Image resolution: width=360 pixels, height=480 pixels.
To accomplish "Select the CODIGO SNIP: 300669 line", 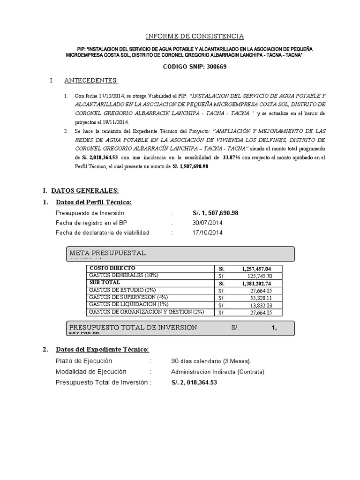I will (x=195, y=67).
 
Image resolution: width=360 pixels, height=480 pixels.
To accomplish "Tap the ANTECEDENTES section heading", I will (x=91, y=81).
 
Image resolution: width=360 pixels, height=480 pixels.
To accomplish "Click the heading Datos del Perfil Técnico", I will (x=93, y=202).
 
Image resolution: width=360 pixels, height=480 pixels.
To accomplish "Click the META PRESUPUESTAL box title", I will (x=107, y=253).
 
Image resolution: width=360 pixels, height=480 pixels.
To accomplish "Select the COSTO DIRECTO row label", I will (x=109, y=269).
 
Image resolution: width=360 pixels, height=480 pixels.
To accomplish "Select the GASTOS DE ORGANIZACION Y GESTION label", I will (x=146, y=312).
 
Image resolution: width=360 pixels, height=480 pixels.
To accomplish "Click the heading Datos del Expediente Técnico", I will (x=102, y=350).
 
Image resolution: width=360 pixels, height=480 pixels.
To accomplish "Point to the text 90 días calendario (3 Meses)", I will (x=211, y=361).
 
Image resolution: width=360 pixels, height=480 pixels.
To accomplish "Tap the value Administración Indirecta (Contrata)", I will (x=218, y=372).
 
